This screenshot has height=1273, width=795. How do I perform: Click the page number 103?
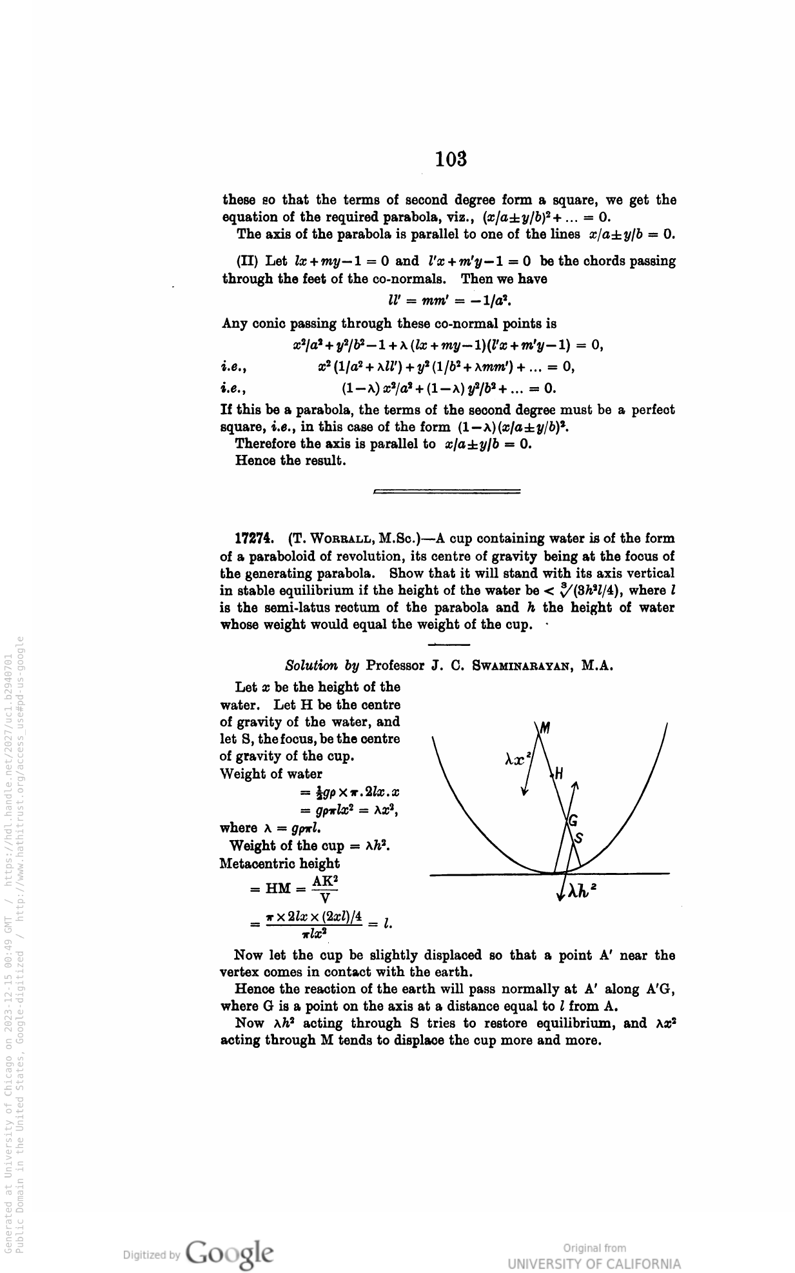point(451,159)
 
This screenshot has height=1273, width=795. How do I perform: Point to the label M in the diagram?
point(545,729)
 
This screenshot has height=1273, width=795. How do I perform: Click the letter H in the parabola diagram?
point(559,773)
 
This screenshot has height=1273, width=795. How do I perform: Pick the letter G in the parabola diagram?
point(573,821)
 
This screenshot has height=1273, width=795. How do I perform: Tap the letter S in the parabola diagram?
point(578,838)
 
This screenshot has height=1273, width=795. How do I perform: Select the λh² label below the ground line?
point(582,890)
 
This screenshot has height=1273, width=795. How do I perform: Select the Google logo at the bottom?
point(229,1252)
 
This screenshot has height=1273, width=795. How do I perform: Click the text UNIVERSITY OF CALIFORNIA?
point(594,1263)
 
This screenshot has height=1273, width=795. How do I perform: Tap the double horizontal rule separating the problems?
point(447,492)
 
